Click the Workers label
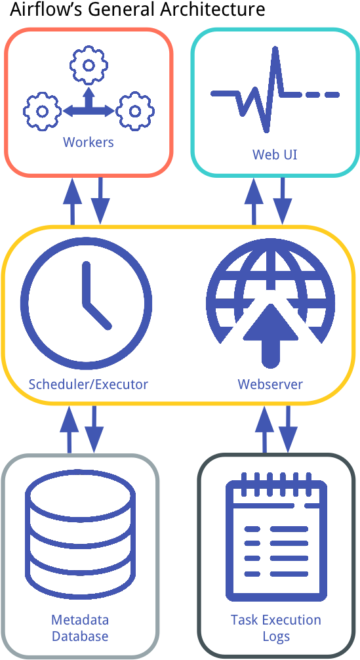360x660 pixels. coord(89,142)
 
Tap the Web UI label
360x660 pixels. coord(275,154)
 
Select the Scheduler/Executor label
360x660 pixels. coord(89,384)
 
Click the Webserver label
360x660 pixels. coord(270,384)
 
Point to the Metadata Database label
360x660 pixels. coord(80,628)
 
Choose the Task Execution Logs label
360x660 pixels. coord(276,628)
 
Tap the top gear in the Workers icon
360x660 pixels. coord(89,66)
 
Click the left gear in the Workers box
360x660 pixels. coord(42,112)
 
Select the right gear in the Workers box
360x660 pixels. coord(134,112)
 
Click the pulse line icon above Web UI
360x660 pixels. coord(275,90)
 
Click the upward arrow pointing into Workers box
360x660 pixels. coord(72,201)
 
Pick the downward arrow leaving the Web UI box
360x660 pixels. coord(282,201)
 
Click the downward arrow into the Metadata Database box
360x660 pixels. coord(94,429)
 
